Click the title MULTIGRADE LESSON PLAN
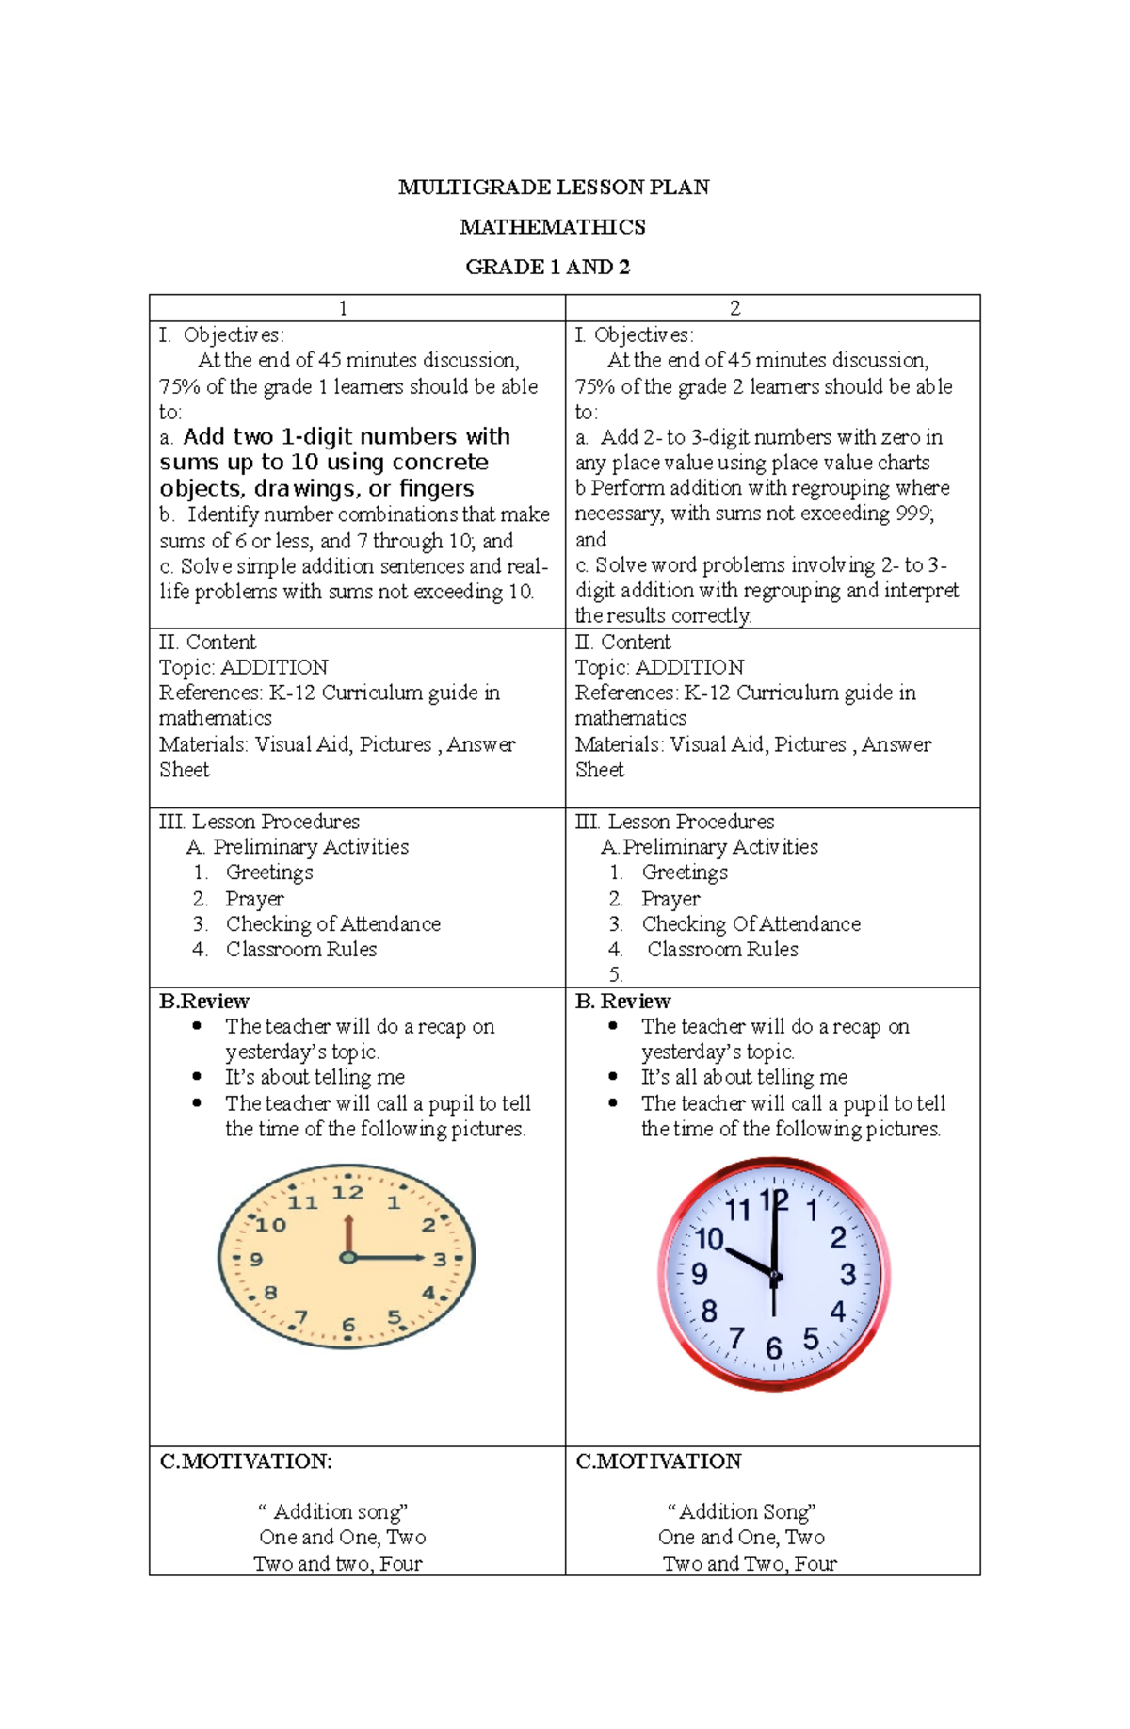click(554, 188)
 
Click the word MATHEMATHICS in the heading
click(553, 227)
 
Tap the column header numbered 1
click(343, 308)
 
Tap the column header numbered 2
click(734, 308)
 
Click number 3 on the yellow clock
click(440, 1260)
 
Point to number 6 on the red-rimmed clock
click(773, 1348)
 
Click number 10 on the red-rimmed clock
click(708, 1239)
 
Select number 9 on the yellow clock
click(256, 1260)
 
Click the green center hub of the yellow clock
click(347, 1258)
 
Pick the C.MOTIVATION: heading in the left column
click(246, 1461)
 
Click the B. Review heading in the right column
click(622, 1001)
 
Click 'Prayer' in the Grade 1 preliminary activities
click(254, 899)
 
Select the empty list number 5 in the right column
click(615, 975)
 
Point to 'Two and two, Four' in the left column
click(337, 1563)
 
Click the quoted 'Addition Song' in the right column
click(741, 1512)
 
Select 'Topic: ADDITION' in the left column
click(243, 667)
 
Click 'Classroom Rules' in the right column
click(722, 950)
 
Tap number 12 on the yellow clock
click(347, 1193)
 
